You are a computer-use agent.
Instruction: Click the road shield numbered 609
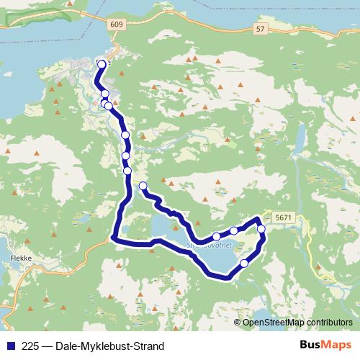click(117, 24)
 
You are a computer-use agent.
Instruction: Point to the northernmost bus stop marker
click(101, 65)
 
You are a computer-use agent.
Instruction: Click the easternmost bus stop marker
click(261, 230)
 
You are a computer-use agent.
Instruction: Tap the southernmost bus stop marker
click(244, 263)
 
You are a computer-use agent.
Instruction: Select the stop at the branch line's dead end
click(143, 186)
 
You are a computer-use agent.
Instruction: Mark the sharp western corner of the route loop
click(114, 237)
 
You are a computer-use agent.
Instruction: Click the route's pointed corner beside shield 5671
click(258, 218)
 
